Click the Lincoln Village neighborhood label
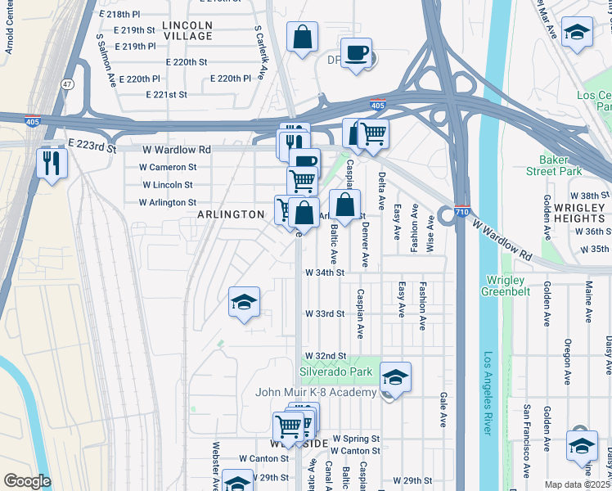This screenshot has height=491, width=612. (187, 30)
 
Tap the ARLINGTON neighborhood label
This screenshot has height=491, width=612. (231, 214)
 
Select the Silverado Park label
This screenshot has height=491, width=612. (335, 372)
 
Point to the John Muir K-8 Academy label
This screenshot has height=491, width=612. (316, 392)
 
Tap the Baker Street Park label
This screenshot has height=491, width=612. (560, 165)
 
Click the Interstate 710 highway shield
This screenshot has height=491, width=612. (461, 210)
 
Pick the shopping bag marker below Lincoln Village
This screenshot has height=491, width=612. (302, 37)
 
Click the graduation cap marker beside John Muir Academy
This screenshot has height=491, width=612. (395, 376)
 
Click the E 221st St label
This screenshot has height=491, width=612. (167, 95)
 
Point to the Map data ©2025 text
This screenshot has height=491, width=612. (577, 484)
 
